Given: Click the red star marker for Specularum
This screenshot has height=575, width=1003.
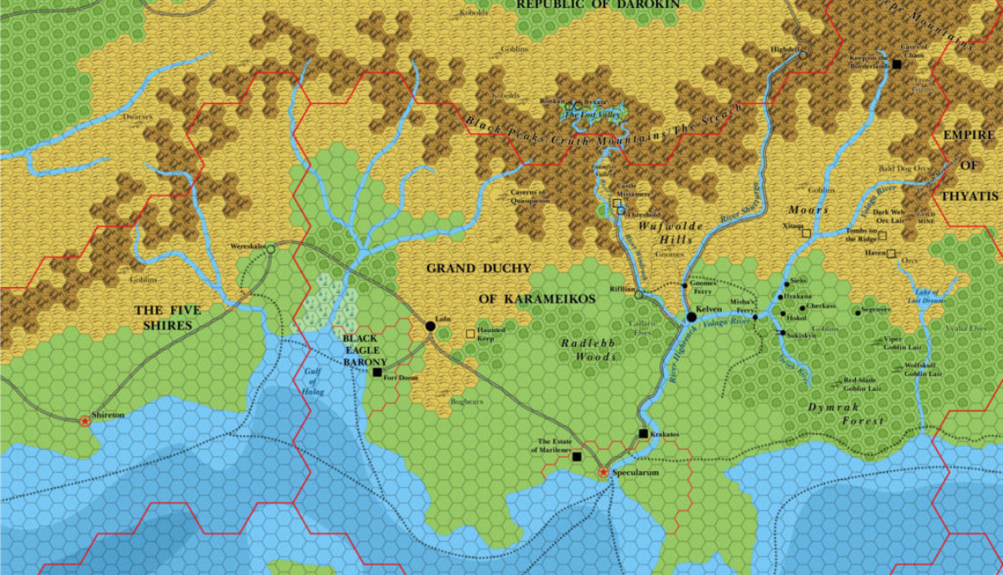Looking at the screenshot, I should [x=603, y=473].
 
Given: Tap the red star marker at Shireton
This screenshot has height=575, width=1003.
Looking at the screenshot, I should [x=85, y=421].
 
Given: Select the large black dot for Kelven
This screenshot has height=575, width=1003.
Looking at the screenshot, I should [x=691, y=317].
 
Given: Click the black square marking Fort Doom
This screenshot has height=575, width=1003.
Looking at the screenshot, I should [x=377, y=373].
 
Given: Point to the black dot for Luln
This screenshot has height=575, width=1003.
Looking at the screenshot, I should [x=430, y=326].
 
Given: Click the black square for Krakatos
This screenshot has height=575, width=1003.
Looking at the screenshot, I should [x=642, y=434].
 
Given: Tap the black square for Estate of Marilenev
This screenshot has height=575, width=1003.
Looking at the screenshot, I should [x=576, y=456].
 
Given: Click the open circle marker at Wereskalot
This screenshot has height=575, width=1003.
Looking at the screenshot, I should [x=270, y=249].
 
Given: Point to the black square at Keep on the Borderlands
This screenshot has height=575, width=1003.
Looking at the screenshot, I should [x=898, y=65].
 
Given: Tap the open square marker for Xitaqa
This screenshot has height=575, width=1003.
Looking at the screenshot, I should [x=806, y=233].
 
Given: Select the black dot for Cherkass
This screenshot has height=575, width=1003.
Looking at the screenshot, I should [x=802, y=307].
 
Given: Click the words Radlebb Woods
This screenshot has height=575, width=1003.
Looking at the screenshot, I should [x=589, y=348].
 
